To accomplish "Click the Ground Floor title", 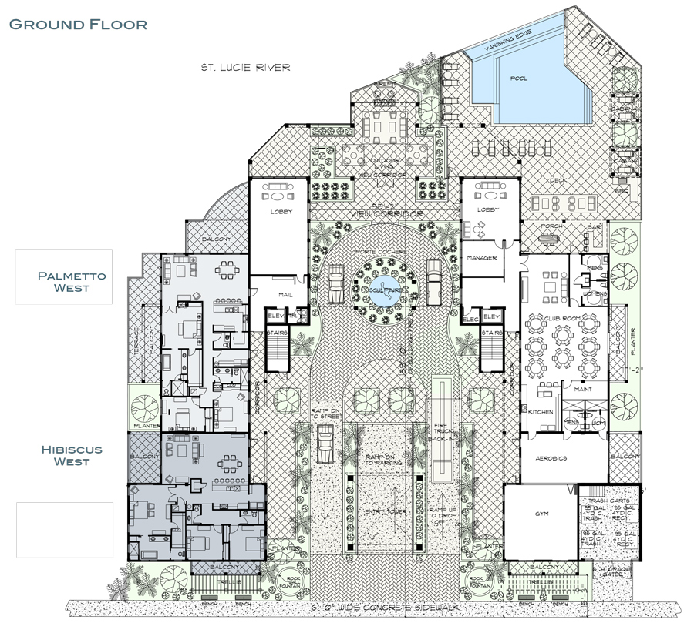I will (78, 24).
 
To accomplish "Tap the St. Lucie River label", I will (241, 68).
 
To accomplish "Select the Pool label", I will (519, 79).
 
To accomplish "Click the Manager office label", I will (480, 257).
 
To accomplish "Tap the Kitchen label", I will (541, 412).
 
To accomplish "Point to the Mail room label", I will (278, 293).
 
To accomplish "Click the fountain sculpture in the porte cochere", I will (379, 288).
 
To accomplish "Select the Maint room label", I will (584, 390).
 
